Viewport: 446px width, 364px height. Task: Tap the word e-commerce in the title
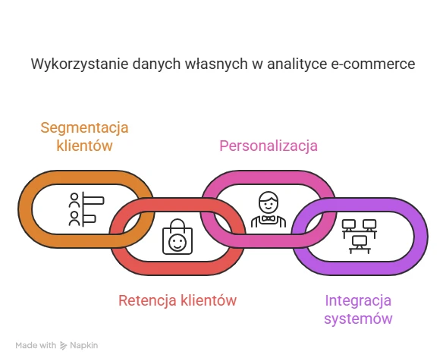click(x=373, y=64)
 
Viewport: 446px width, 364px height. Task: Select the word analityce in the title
click(x=297, y=64)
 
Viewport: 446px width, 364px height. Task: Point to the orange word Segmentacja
click(x=84, y=127)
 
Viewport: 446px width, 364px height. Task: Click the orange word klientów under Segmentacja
click(x=84, y=146)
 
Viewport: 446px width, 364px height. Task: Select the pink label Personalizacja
click(x=269, y=146)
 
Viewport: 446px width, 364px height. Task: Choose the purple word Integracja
click(x=358, y=300)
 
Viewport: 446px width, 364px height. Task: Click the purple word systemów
click(x=358, y=318)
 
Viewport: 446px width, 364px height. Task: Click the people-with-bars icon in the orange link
click(x=86, y=209)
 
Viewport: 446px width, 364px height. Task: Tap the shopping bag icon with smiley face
click(x=177, y=237)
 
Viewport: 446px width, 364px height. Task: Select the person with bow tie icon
click(x=269, y=209)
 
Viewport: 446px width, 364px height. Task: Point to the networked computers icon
click(x=360, y=237)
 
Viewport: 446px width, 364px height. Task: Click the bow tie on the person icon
click(x=269, y=218)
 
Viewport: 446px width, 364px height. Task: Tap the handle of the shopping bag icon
click(x=177, y=224)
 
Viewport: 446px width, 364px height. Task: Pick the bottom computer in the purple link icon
click(x=360, y=244)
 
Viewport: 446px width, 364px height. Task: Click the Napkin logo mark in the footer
click(x=63, y=346)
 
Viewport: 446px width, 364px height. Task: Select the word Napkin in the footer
click(x=84, y=346)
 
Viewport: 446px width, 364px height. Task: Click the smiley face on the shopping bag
click(x=177, y=243)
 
